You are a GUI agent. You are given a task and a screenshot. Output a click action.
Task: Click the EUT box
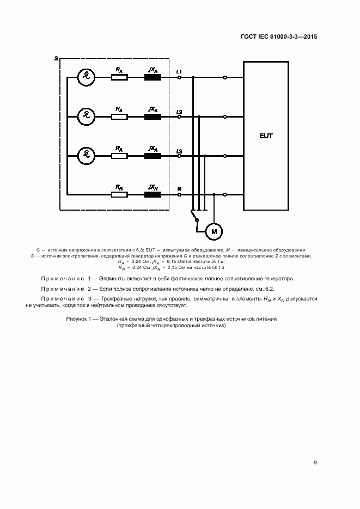tap(265, 136)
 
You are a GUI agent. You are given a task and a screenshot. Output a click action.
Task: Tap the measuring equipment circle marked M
tap(213, 232)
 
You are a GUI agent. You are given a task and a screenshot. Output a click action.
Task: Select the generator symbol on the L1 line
tap(86, 77)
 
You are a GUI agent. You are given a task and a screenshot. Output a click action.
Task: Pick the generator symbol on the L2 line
tap(86, 116)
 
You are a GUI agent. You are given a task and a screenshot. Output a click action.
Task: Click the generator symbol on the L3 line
tap(86, 155)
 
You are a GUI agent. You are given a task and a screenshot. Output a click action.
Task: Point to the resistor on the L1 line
tap(119, 77)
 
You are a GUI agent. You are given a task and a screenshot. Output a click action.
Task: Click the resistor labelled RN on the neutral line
tap(119, 194)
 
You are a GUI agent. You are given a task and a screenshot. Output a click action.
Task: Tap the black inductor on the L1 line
tap(152, 77)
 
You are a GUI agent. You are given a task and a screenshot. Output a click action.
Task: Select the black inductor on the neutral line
tap(152, 194)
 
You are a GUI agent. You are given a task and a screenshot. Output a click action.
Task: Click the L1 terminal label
tap(179, 72)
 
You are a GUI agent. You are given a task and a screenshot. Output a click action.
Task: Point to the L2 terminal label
tap(179, 111)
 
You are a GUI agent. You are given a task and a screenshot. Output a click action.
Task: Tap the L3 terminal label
tap(179, 150)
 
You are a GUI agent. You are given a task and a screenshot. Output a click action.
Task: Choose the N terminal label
tap(179, 189)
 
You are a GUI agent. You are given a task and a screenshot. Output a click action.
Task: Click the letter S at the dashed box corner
tap(56, 58)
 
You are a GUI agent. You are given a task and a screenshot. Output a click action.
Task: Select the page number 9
tap(315, 463)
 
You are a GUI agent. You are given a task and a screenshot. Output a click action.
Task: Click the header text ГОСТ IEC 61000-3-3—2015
tap(279, 37)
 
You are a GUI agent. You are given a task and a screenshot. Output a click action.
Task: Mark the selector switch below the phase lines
tap(194, 217)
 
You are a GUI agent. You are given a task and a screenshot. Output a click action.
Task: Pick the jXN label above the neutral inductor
tap(154, 187)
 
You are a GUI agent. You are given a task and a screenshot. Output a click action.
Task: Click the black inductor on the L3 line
tap(152, 155)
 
